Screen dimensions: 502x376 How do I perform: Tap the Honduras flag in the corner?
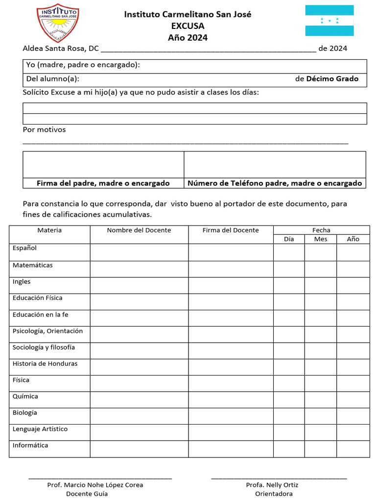[x=329, y=21]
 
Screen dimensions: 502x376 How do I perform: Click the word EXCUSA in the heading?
[x=188, y=26]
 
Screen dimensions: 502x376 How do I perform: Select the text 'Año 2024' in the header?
[x=188, y=37]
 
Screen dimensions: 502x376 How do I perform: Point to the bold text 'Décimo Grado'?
[x=332, y=79]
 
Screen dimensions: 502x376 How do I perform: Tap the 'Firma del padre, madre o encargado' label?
[x=103, y=183]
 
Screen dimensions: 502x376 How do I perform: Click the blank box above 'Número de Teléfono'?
[x=275, y=165]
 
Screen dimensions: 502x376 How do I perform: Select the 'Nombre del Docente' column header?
[x=139, y=230]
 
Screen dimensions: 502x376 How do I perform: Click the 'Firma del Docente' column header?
[x=231, y=230]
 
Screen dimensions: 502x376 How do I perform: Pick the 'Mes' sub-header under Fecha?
[x=321, y=239]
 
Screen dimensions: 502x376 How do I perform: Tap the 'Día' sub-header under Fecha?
[x=289, y=239]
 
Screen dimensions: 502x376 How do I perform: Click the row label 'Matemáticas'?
[x=33, y=265]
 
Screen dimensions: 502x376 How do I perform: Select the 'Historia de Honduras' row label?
[x=45, y=364]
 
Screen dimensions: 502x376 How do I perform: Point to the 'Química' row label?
[x=25, y=396]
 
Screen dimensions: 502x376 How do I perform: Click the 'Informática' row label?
[x=30, y=446]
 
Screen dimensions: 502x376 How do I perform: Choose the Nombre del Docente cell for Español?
[x=139, y=252]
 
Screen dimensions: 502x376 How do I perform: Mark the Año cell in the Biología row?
[x=352, y=416]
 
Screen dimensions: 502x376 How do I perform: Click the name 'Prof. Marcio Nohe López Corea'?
[x=95, y=485]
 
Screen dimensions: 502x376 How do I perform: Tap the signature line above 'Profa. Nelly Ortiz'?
[x=279, y=477]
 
